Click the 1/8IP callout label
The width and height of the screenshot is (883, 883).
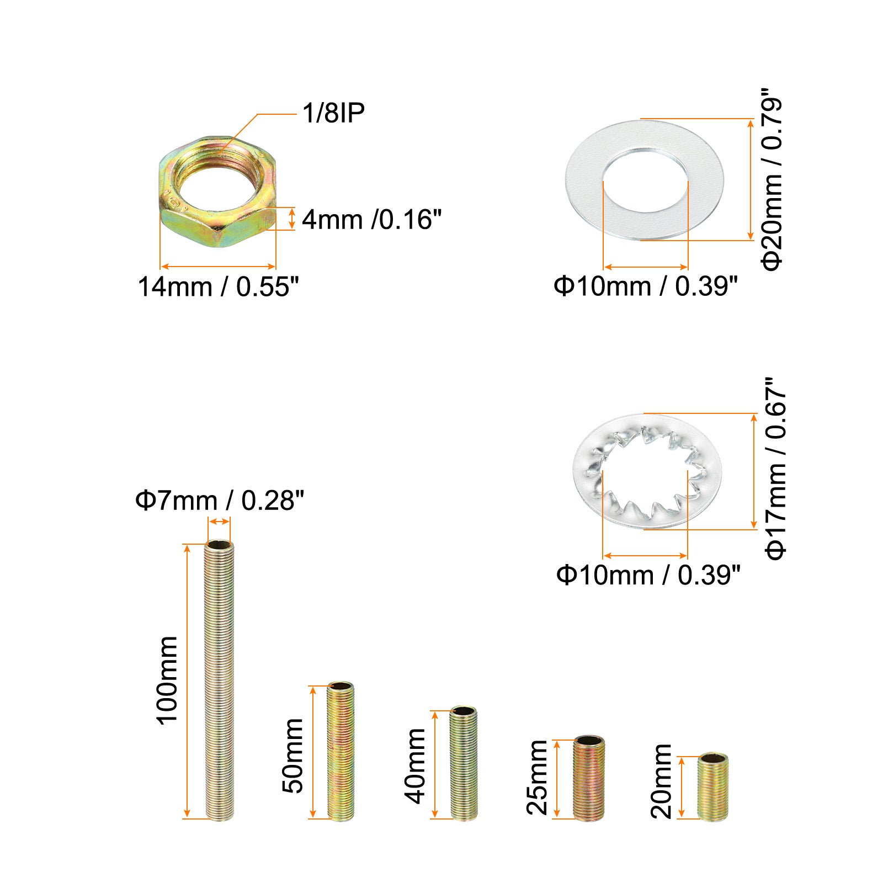[333, 113]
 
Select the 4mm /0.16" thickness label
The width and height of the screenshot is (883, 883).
[371, 219]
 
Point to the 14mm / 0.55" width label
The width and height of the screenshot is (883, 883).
[218, 287]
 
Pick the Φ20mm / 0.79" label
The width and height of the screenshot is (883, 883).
[772, 179]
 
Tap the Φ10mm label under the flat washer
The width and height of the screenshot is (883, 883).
[646, 286]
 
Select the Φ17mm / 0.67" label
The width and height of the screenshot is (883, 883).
[775, 469]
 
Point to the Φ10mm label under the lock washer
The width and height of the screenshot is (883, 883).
[648, 575]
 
